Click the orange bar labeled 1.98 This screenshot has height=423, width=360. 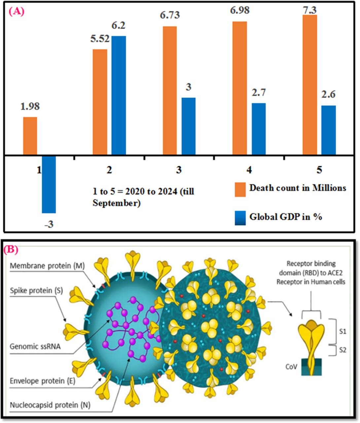tap(30, 135)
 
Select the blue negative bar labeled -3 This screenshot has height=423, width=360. tap(49, 184)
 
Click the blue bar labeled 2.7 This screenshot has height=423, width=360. tap(259, 129)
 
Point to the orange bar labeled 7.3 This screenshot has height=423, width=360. tap(310, 85)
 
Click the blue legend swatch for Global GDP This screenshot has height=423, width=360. tap(240, 218)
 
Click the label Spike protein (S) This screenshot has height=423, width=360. tap(36, 290)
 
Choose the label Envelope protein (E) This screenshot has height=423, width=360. tap(42, 381)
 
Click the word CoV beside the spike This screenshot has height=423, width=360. tap(291, 367)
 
